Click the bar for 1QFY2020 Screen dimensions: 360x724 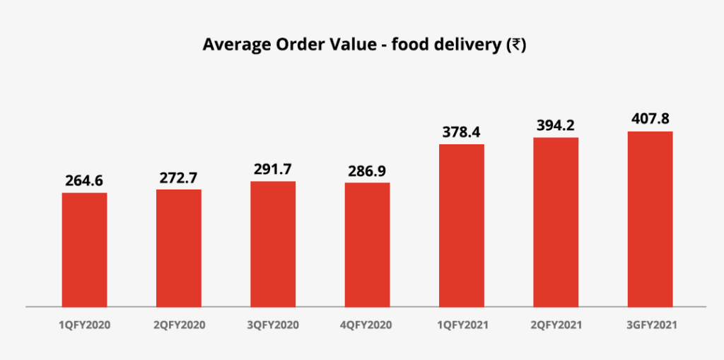pyautogui.click(x=84, y=250)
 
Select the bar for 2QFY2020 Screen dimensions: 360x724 pyautogui.click(x=179, y=248)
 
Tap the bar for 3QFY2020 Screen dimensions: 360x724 pyautogui.click(x=273, y=244)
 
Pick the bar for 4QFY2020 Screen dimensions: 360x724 pyautogui.click(x=367, y=245)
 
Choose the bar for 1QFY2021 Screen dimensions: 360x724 pyautogui.click(x=462, y=226)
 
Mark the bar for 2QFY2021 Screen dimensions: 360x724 pyautogui.click(x=556, y=222)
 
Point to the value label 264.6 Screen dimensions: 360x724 pyautogui.click(x=84, y=180)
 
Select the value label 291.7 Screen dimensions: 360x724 pyautogui.click(x=273, y=169)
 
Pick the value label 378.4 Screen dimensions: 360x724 pyautogui.click(x=462, y=132)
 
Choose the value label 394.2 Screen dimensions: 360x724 pyautogui.click(x=556, y=125)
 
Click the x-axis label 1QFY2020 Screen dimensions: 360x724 pyautogui.click(x=84, y=325)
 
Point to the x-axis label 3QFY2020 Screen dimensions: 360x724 pyautogui.click(x=273, y=325)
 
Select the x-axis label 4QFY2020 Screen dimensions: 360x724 pyautogui.click(x=367, y=325)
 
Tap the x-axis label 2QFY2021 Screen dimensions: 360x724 pyautogui.click(x=556, y=325)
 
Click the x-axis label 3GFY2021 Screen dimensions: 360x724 pyautogui.click(x=650, y=325)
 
